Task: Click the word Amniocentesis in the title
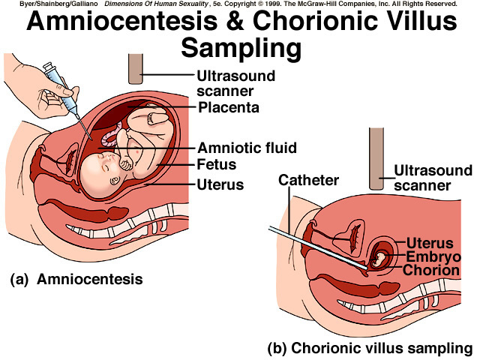(x=136, y=23)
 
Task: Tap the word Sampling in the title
(x=241, y=49)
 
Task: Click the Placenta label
(x=229, y=108)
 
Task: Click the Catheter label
(x=309, y=180)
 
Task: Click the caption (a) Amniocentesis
(x=76, y=279)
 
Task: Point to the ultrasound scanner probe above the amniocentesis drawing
(x=136, y=68)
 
